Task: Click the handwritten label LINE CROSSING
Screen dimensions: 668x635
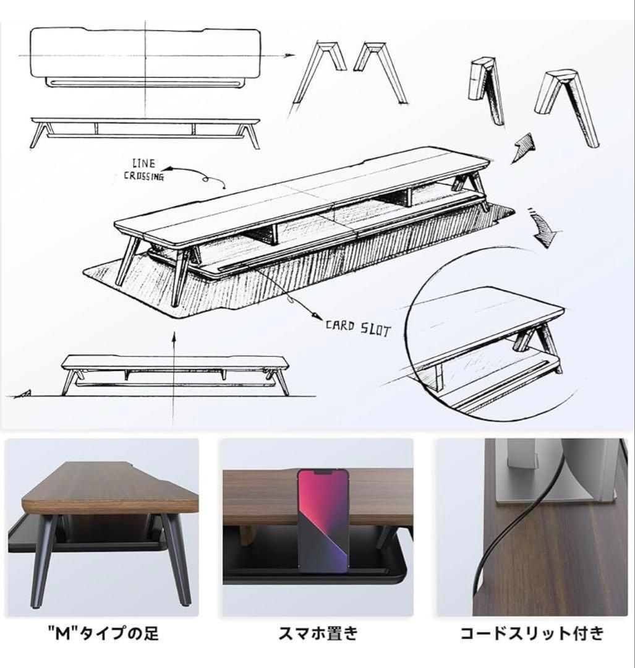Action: click(x=143, y=170)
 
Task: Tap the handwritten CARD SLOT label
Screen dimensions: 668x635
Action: click(x=359, y=328)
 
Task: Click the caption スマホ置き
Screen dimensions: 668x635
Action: click(x=318, y=633)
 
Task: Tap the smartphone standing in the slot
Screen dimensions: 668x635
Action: click(x=323, y=520)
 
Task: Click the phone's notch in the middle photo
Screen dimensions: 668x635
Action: click(x=323, y=473)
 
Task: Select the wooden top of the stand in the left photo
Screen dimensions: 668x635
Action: click(x=111, y=489)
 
